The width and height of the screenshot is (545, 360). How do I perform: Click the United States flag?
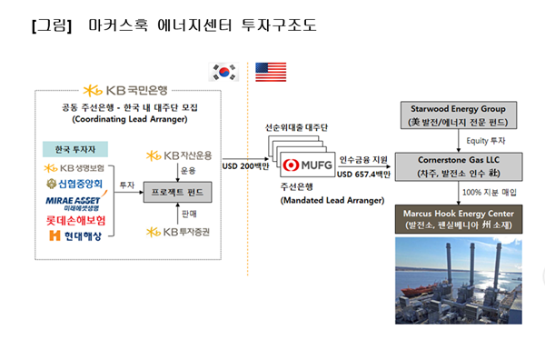click(x=270, y=72)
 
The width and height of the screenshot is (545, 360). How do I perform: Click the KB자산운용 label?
click(x=180, y=154)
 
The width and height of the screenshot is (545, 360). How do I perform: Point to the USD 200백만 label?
click(x=248, y=166)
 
